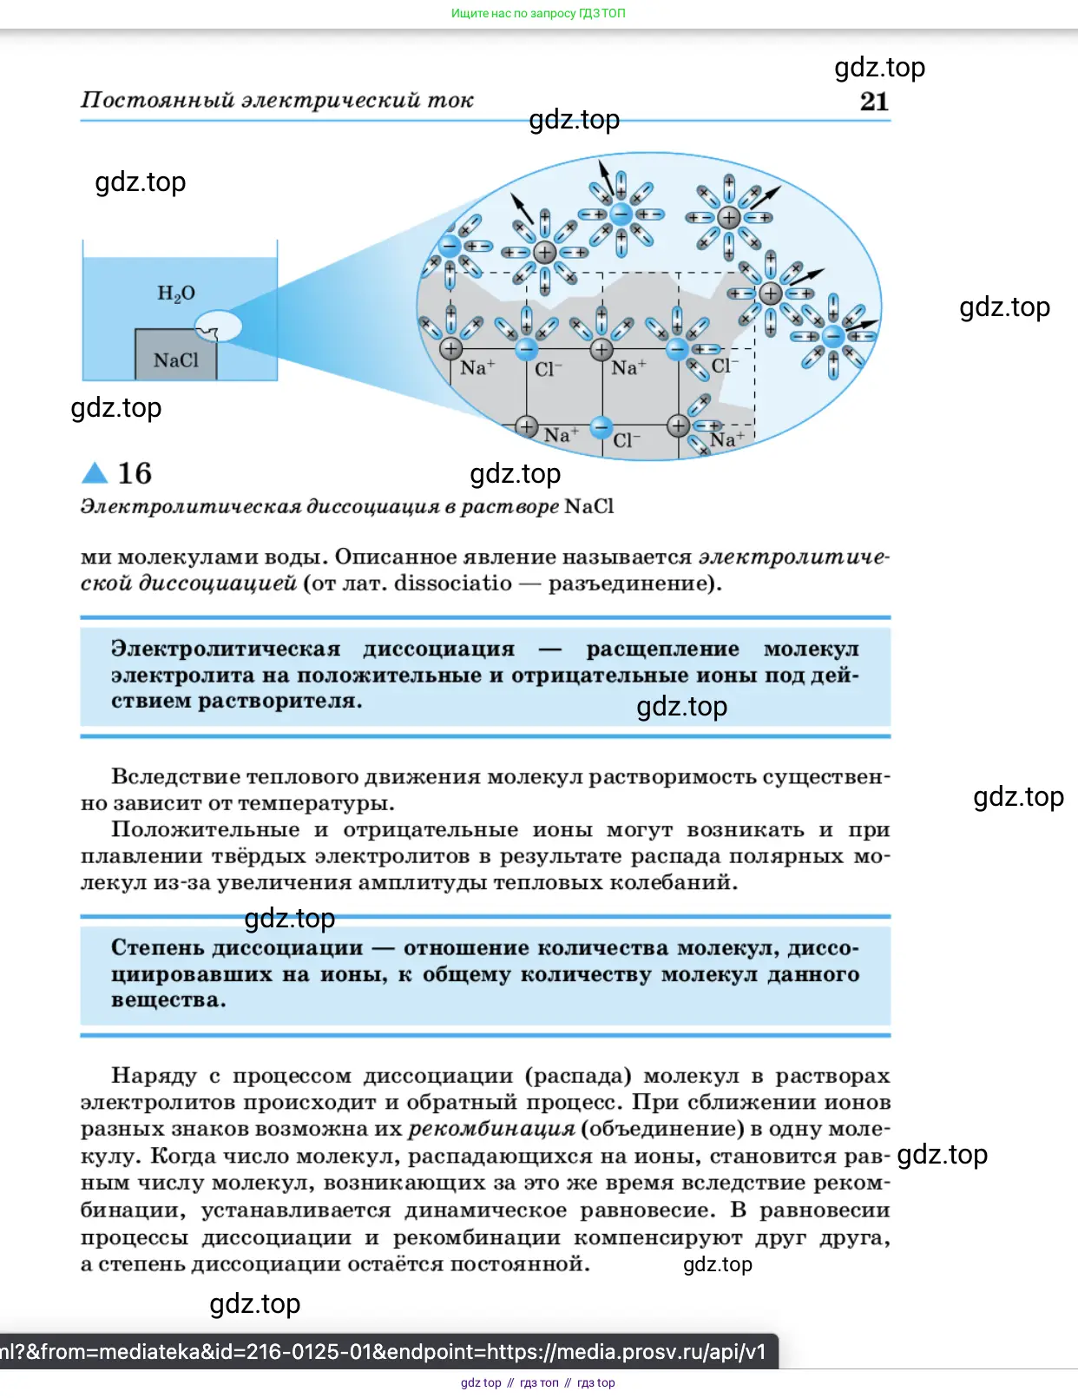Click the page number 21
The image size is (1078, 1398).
[874, 102]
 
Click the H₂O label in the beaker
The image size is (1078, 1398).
[176, 293]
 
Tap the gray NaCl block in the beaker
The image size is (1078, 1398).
[175, 359]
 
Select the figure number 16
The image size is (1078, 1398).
[135, 473]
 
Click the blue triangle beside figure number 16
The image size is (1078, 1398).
[94, 472]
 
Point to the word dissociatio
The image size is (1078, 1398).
[452, 583]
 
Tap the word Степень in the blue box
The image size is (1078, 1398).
[157, 947]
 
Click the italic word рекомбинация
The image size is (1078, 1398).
[491, 1129]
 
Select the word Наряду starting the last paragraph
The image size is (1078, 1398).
[154, 1076]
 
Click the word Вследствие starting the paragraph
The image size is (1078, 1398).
[174, 776]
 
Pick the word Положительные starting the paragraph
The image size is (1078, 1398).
[205, 830]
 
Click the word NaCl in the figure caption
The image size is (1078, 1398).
[588, 506]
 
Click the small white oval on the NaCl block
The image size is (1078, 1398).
[218, 326]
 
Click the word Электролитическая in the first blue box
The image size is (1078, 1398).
[226, 650]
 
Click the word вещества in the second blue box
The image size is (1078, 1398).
[168, 1000]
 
